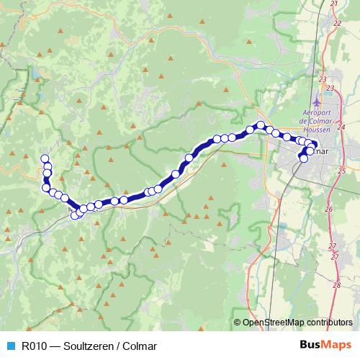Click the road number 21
(x=334, y=4)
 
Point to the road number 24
(x=341, y=127)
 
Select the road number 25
(x=341, y=171)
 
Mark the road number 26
(x=328, y=209)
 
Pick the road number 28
(x=336, y=285)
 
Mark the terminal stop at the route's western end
(x=45, y=158)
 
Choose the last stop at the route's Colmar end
(x=303, y=158)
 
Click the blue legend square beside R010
(x=9, y=345)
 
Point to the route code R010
(x=33, y=345)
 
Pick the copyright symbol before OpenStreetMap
(x=238, y=323)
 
